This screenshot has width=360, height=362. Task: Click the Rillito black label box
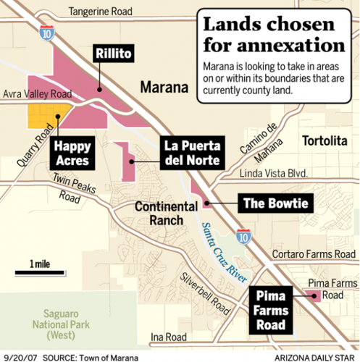[113, 54]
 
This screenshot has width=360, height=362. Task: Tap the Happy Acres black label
[72, 152]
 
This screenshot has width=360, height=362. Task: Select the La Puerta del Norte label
[191, 151]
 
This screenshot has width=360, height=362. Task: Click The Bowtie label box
[275, 203]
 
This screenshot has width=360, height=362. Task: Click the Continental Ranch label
[166, 214]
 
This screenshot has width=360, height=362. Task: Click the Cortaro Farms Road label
[314, 254]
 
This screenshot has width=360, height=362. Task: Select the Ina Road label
[168, 337]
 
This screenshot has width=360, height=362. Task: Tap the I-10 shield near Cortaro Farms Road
[243, 235]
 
